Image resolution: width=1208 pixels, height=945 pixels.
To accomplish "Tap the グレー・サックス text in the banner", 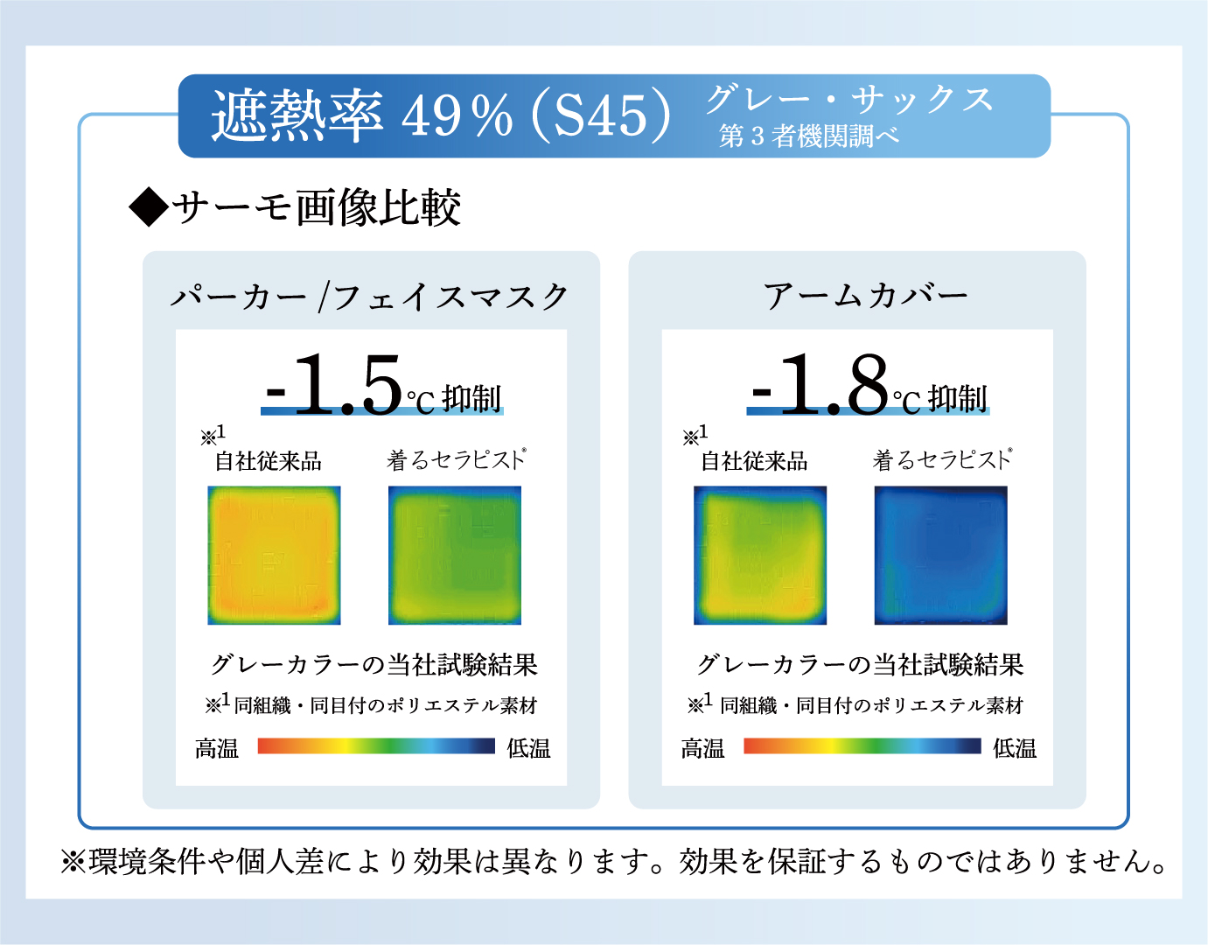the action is click(849, 100).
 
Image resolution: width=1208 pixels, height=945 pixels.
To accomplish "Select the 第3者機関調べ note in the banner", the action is click(809, 136).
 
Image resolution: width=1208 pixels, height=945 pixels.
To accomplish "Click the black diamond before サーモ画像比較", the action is click(149, 206).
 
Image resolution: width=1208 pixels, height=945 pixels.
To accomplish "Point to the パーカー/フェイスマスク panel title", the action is click(370, 297).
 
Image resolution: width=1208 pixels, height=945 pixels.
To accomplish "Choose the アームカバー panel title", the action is click(865, 295).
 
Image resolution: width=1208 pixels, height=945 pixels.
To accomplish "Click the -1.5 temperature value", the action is click(333, 385).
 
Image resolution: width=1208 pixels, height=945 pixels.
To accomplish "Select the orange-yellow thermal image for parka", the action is click(274, 556).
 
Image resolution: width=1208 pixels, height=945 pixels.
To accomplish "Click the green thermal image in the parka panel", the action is click(455, 556).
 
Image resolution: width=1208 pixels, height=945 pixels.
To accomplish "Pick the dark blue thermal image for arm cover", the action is click(940, 556).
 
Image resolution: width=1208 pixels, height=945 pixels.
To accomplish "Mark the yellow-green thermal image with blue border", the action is click(760, 556).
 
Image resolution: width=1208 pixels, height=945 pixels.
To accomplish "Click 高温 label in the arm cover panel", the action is click(702, 748).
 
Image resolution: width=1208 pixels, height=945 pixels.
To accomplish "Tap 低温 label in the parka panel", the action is click(528, 748).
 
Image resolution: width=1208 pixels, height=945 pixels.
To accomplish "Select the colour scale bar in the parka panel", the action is click(376, 746).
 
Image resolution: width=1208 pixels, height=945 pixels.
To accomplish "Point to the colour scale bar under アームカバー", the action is click(862, 746).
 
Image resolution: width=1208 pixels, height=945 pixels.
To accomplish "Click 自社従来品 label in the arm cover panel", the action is click(754, 461).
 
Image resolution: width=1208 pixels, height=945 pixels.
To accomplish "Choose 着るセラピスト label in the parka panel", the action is click(457, 459).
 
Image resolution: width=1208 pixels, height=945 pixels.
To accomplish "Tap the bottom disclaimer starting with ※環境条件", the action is click(614, 862).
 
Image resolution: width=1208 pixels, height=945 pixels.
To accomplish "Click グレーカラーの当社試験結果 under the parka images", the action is click(374, 664).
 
